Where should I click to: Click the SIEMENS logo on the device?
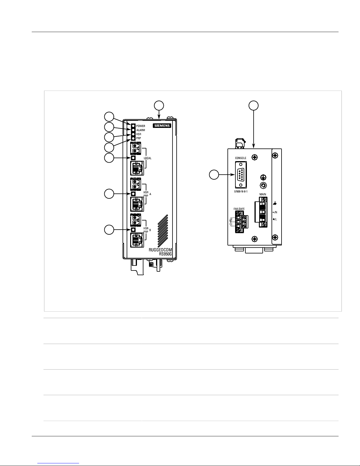pos(162,126)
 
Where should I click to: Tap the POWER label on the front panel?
pos(140,126)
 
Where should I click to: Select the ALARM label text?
pos(140,130)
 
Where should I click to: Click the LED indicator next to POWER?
pos(133,126)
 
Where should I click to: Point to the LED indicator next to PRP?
pos(133,138)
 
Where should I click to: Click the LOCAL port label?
pos(148,158)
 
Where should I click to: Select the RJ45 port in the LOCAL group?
pos(137,168)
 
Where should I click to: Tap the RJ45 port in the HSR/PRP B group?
pos(137,240)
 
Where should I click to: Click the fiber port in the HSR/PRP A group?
pos(135,184)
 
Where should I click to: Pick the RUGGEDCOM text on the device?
pos(160,250)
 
